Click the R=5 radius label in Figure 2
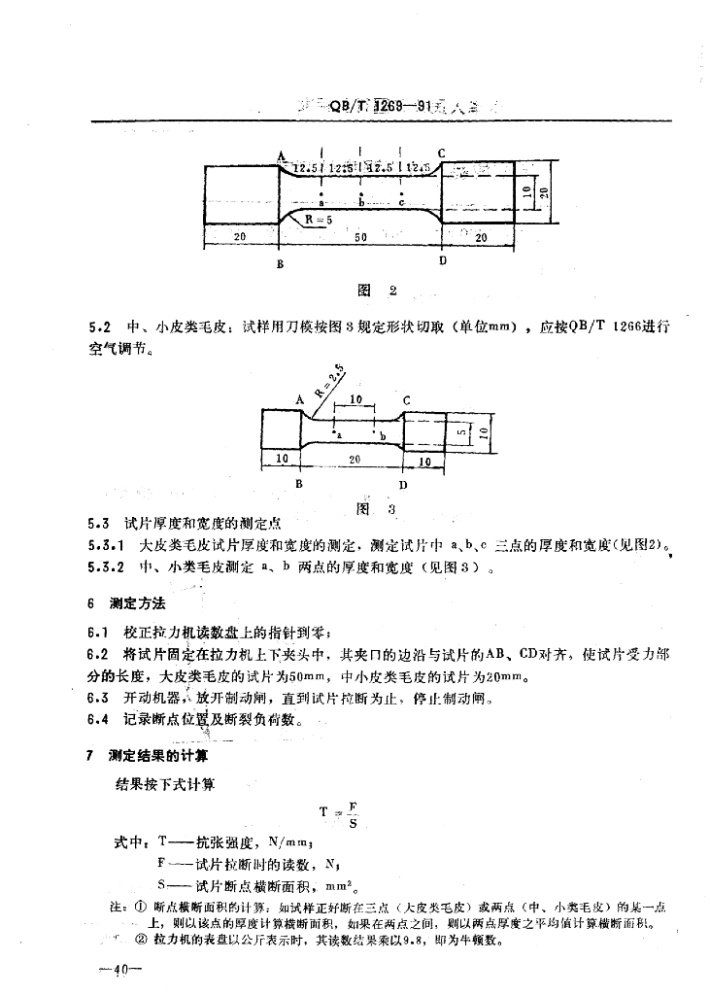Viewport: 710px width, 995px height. pyautogui.click(x=317, y=221)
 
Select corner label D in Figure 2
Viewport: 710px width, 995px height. pyautogui.click(x=443, y=260)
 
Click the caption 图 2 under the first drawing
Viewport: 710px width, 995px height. pyautogui.click(x=378, y=290)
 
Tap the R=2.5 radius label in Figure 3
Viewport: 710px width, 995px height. pyautogui.click(x=331, y=376)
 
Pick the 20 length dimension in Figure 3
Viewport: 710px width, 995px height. pyautogui.click(x=355, y=458)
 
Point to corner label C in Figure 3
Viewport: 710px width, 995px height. pyautogui.click(x=405, y=399)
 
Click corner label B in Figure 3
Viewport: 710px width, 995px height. pyautogui.click(x=299, y=482)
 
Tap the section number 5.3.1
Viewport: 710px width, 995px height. pyautogui.click(x=104, y=546)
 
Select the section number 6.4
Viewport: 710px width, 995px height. pyautogui.click(x=97, y=720)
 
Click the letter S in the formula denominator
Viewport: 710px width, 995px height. pyautogui.click(x=351, y=823)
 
